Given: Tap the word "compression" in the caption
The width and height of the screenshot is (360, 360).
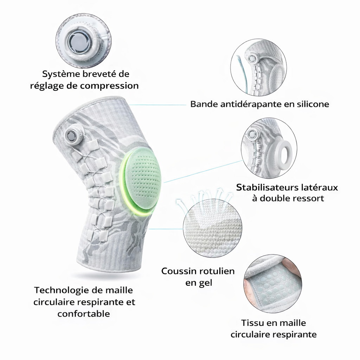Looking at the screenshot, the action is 109,86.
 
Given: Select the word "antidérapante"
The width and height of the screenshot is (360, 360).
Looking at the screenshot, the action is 251,104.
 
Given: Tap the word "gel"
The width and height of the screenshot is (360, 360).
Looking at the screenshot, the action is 205,283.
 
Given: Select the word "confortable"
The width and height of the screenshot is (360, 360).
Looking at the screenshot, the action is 84,314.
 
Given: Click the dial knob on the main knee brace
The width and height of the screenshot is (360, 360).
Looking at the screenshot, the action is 72,135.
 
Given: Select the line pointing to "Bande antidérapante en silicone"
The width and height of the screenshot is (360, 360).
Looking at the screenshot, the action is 158,105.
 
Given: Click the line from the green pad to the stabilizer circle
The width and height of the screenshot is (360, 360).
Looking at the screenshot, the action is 203,172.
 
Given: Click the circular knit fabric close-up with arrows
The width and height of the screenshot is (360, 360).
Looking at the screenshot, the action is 212,228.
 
